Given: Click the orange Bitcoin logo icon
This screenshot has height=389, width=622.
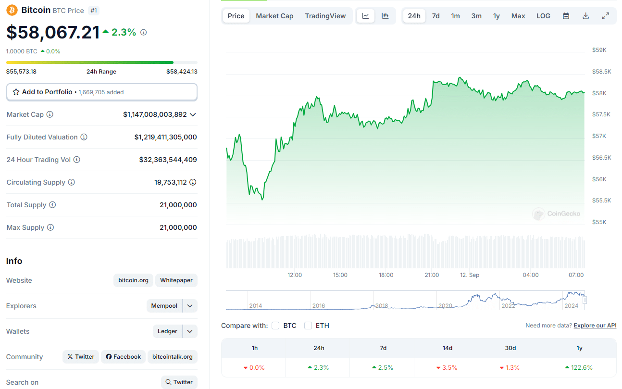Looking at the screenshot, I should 12,10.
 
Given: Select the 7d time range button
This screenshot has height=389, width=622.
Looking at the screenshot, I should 435,16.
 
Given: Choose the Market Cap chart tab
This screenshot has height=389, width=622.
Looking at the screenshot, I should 274,16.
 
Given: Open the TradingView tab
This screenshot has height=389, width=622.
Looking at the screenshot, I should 325,16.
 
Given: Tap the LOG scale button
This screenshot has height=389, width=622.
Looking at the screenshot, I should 543,16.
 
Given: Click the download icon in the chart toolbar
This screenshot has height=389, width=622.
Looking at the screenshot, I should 585,16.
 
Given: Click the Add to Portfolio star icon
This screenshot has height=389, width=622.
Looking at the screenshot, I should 16,92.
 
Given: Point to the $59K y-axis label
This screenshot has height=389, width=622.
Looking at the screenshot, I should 599,50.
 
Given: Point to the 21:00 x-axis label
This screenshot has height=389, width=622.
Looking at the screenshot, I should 432,275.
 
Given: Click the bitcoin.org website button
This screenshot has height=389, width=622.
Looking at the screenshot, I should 134,280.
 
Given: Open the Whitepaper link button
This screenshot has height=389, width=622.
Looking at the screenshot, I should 176,280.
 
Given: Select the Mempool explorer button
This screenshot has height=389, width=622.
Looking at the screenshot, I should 164,306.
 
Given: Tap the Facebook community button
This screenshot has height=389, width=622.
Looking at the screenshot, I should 124,357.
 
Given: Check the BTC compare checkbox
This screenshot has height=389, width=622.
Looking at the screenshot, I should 275,326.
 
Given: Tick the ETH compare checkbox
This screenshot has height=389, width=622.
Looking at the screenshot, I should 308,326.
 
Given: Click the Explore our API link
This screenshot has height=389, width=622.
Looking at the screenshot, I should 595,326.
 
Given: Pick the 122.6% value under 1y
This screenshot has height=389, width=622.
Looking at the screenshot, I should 579,368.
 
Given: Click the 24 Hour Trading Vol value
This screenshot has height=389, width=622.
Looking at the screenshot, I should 168,160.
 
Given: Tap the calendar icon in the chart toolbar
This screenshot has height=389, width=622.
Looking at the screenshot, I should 566,16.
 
